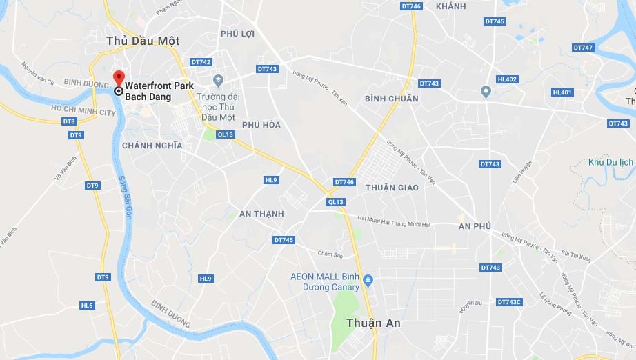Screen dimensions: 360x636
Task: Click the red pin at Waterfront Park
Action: pos(118,78)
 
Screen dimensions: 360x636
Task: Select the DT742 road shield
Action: pos(201,62)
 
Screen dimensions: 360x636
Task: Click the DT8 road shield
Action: pos(69,121)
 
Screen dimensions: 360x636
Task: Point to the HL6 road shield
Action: pos(87,306)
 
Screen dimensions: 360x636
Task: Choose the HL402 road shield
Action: pos(507,79)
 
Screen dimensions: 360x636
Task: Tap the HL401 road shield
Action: pos(562,92)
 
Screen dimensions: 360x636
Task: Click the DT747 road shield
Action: pos(583,48)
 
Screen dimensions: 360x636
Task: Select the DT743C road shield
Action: pos(509,302)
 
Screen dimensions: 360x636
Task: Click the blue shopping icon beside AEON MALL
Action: pos(368,279)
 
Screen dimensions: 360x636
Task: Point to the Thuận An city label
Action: pos(373,323)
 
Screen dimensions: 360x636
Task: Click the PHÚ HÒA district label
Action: pos(261,125)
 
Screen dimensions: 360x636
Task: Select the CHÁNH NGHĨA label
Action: pos(152,146)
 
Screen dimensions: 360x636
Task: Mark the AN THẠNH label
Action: pos(261,214)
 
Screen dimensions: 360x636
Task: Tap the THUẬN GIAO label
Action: pos(392,188)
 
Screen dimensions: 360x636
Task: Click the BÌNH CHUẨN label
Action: pos(392,99)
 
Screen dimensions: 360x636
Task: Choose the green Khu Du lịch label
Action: pos(610,162)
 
